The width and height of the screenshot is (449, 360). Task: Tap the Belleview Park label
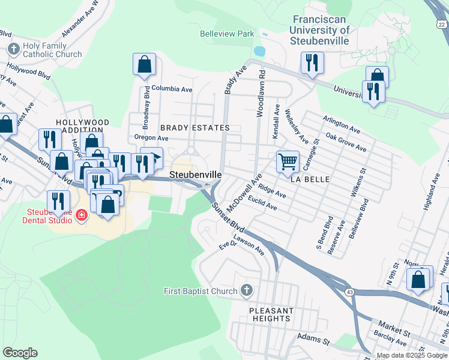[x=227, y=34]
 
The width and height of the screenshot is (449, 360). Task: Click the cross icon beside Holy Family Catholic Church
[x=13, y=48]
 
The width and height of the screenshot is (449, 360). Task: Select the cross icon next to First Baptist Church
[x=246, y=291]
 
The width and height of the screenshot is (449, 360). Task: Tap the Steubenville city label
[x=196, y=175]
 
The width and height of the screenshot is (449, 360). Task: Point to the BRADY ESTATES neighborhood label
[x=194, y=128]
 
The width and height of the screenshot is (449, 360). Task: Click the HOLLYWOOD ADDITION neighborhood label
[x=83, y=127]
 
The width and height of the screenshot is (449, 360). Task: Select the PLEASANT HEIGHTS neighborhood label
[x=271, y=314]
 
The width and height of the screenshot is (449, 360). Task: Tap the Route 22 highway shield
[x=441, y=25]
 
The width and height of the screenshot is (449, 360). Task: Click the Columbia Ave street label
[x=172, y=89]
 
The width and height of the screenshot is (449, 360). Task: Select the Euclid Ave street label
[x=262, y=203]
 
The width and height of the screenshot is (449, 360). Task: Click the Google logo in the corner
[x=20, y=352]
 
